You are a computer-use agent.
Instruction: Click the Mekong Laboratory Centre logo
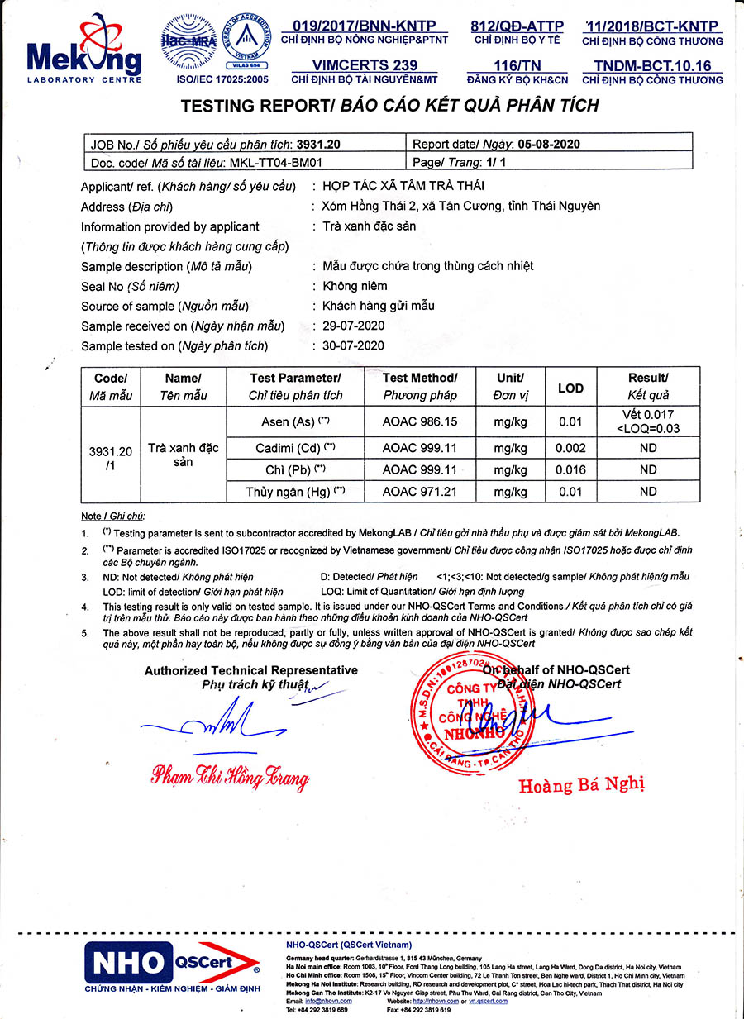tap(83, 51)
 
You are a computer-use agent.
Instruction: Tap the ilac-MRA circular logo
tap(189, 43)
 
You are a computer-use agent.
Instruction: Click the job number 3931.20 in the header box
tap(318, 144)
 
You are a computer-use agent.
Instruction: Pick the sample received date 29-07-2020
tap(353, 326)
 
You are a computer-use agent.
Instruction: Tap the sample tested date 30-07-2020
tap(353, 345)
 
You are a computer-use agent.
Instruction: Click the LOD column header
tap(570, 388)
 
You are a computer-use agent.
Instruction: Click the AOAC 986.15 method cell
tap(420, 421)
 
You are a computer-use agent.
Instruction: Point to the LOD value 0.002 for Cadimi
tap(570, 448)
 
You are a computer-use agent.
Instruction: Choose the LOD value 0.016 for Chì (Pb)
tap(570, 469)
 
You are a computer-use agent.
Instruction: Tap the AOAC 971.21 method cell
tap(420, 492)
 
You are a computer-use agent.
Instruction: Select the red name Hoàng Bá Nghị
tap(581, 784)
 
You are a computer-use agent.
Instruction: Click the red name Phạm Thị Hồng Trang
tap(229, 776)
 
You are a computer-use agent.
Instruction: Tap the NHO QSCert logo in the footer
tap(172, 964)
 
